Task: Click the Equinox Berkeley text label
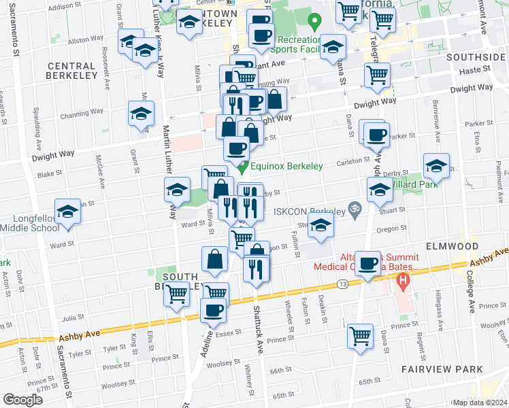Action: coord(281,166)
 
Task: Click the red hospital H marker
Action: coord(404,279)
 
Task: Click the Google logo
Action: coord(22,400)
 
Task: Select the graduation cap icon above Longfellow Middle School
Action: coord(68,213)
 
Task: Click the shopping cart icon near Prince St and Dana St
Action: coord(360,334)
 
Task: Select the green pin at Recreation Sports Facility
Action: coord(313,22)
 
